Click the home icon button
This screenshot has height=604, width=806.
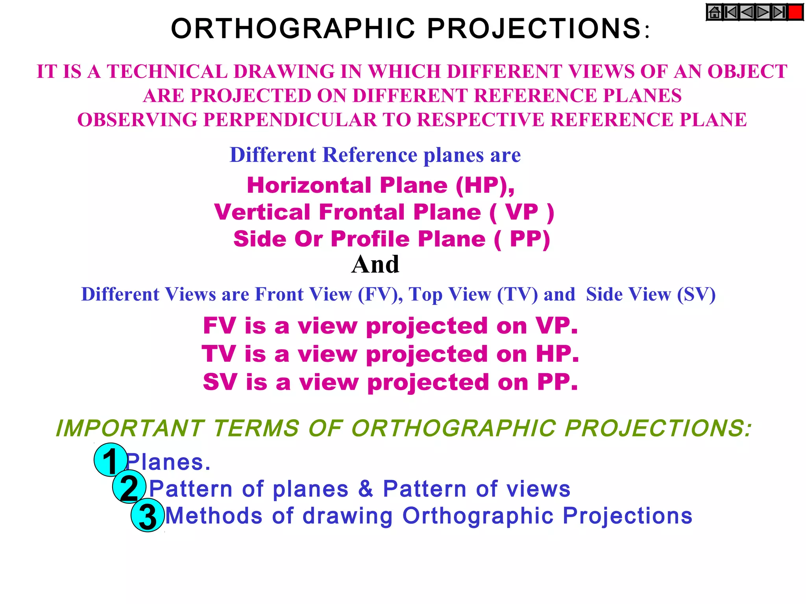714,12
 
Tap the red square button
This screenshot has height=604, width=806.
795,12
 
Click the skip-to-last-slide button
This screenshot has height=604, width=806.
779,12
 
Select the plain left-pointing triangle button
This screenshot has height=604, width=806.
747,12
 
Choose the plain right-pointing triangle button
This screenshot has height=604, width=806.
763,12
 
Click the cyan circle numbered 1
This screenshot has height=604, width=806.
111,460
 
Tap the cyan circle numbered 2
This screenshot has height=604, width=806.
129,487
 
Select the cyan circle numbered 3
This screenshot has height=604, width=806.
148,515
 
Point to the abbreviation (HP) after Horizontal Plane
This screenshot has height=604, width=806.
485,185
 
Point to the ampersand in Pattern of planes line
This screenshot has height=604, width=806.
366,489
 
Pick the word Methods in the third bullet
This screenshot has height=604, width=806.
214,516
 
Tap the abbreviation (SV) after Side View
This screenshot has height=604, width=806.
696,295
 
